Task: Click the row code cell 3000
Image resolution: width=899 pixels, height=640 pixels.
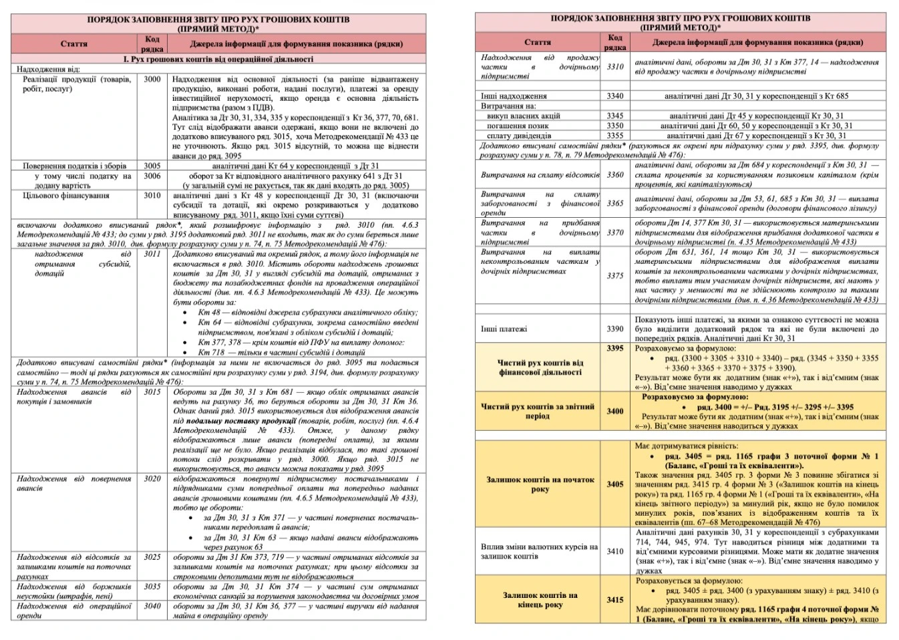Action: (152, 79)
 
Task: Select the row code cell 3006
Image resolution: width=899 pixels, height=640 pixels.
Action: (152, 176)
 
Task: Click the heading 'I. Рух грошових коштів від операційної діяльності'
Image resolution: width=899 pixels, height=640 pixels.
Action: (218, 59)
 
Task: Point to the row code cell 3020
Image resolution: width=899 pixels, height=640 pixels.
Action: (152, 479)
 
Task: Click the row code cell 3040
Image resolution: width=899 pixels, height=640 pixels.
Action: (152, 606)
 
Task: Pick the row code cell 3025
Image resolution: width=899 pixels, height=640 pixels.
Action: (152, 556)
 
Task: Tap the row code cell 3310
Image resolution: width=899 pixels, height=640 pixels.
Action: (615, 67)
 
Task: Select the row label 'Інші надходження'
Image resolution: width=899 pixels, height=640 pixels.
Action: (514, 96)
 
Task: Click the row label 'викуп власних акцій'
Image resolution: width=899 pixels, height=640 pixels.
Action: (524, 116)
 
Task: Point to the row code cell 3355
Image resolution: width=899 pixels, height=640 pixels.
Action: (615, 135)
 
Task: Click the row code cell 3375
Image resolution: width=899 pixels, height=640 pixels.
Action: (615, 275)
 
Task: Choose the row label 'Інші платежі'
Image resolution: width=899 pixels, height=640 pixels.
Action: (504, 329)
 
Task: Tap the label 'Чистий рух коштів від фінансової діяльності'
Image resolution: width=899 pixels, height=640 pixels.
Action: (540, 367)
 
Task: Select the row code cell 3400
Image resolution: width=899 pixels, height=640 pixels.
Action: (615, 411)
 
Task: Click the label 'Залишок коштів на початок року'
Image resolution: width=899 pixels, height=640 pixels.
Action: (540, 484)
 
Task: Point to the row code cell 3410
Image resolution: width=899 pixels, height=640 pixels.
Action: (615, 551)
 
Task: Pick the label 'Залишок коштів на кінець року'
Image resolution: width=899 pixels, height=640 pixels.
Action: (540, 600)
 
